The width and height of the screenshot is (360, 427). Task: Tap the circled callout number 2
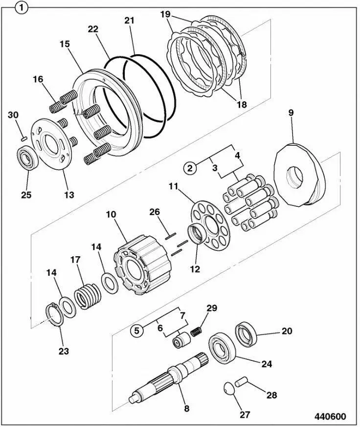click(190, 168)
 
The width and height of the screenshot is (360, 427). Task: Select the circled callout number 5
click(138, 330)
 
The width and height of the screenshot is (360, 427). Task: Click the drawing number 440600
click(330, 417)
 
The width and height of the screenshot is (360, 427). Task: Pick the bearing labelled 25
click(25, 160)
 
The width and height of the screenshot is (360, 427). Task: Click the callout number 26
click(155, 212)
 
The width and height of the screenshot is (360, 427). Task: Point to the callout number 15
click(65, 44)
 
